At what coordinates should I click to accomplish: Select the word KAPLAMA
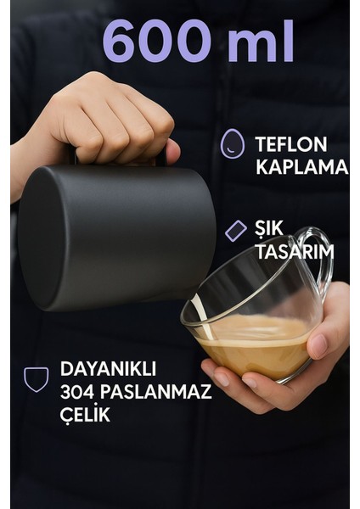pyautogui.click(x=301, y=167)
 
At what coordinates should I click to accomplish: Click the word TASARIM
pyautogui.click(x=294, y=252)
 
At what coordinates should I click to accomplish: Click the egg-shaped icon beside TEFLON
pyautogui.click(x=233, y=144)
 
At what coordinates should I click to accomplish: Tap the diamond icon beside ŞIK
pyautogui.click(x=236, y=230)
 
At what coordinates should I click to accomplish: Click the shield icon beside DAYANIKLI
pyautogui.click(x=36, y=378)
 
